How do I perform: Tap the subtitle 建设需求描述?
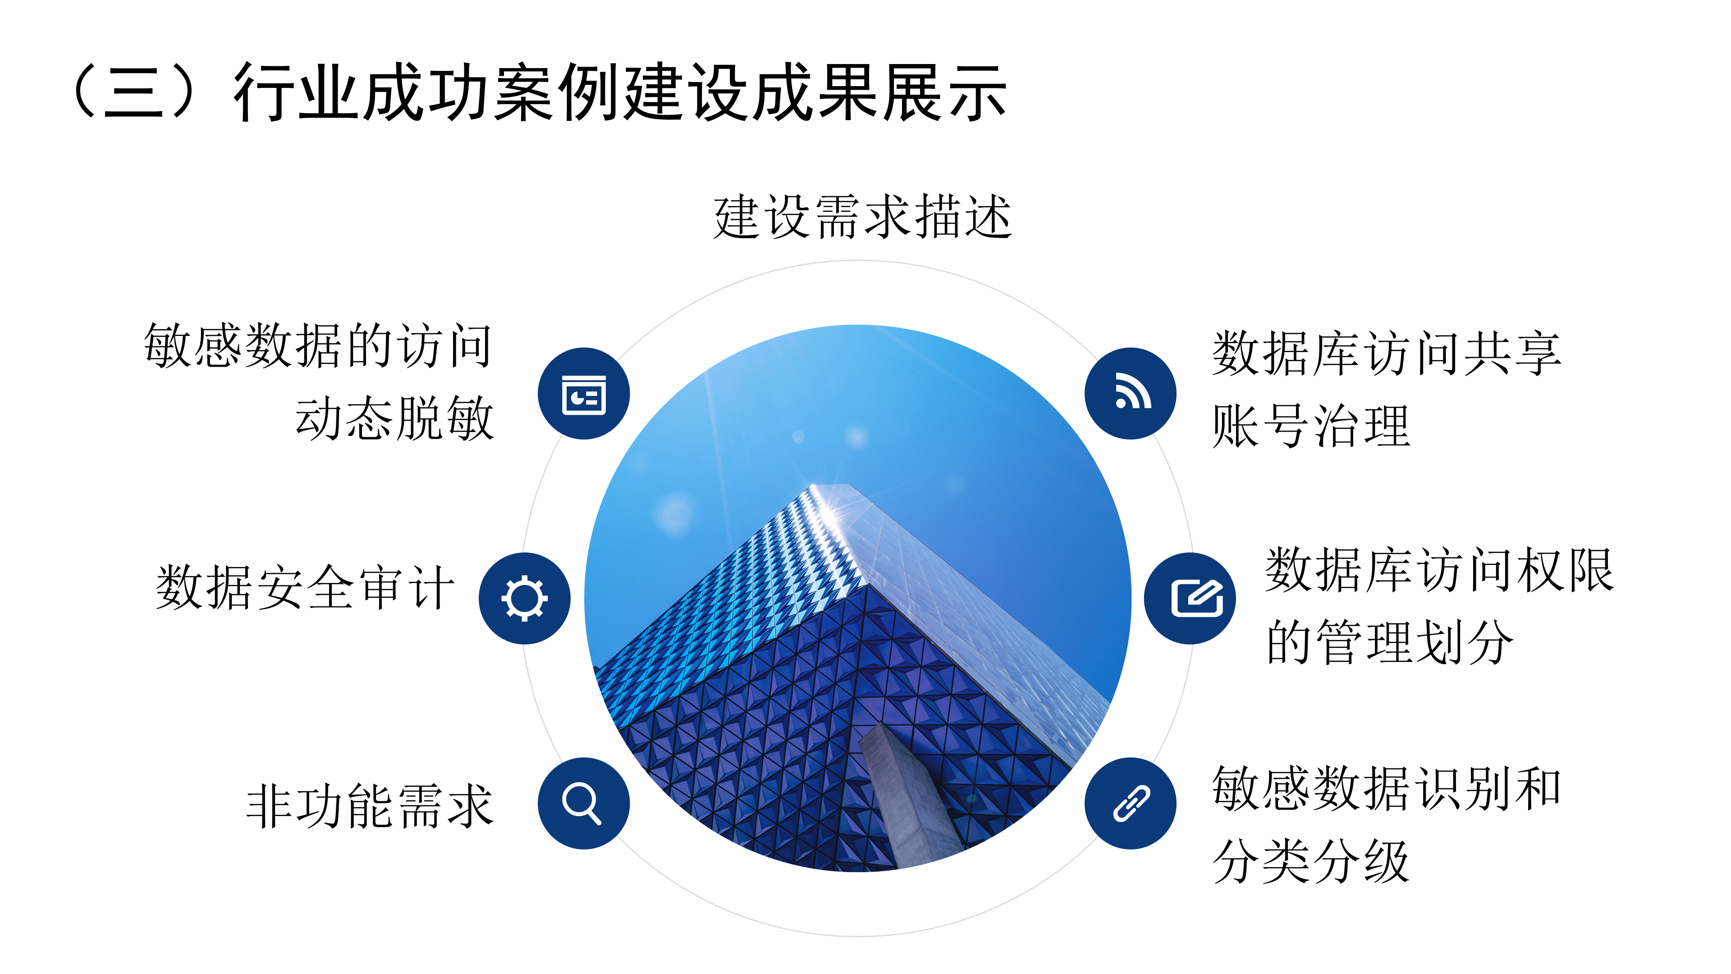pyautogui.click(x=863, y=216)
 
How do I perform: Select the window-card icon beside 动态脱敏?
pyautogui.click(x=583, y=394)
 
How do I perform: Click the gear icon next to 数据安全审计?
pyautogui.click(x=524, y=598)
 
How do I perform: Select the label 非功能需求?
pyautogui.click(x=370, y=805)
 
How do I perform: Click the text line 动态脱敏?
pyautogui.click(x=395, y=418)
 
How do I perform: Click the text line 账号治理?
pyautogui.click(x=1311, y=426)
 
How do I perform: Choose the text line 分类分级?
pyautogui.click(x=1311, y=861)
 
